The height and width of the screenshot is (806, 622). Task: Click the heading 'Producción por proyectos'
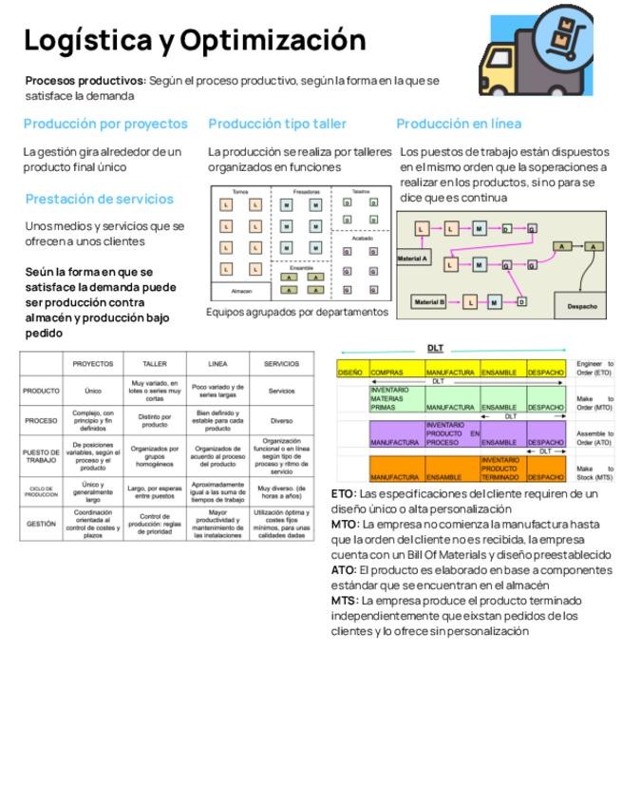[x=105, y=124]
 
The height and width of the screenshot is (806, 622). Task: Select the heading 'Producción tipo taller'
[x=277, y=124]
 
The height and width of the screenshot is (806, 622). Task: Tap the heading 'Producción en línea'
[x=459, y=124]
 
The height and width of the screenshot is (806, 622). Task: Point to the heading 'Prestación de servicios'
[x=100, y=199]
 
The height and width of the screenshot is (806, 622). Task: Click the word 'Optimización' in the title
[x=273, y=41]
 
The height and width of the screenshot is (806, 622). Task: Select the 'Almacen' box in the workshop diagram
[x=241, y=291]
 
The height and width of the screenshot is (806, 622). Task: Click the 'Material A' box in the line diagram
[x=412, y=259]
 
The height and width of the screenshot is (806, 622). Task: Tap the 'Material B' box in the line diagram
[x=428, y=302]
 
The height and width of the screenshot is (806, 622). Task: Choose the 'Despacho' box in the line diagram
[x=581, y=306]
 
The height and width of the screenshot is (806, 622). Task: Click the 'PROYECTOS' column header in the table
[x=93, y=363]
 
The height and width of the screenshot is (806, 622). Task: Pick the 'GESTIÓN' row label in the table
[x=41, y=524]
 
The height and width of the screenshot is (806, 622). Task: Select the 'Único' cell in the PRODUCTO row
[x=93, y=391]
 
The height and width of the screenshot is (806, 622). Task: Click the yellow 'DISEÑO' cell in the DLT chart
[x=350, y=372]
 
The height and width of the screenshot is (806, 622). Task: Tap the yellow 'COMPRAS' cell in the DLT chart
[x=396, y=372]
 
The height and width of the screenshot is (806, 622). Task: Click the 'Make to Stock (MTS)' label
[x=594, y=472]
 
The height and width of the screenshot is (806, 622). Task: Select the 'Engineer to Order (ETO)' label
[x=594, y=368]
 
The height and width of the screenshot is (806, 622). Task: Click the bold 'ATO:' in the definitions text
[x=344, y=570]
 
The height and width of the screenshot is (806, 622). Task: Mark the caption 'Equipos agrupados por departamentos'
[x=296, y=312]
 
